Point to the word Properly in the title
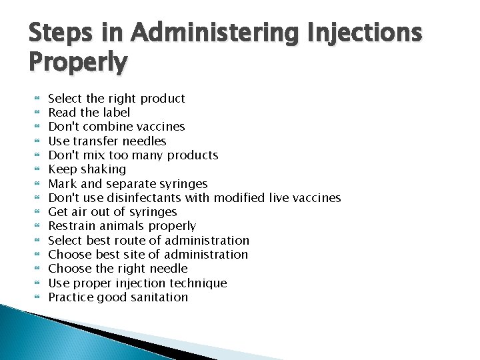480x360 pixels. click(78, 63)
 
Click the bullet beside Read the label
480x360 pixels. click(37, 112)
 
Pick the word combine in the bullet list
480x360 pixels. click(109, 127)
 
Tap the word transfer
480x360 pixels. click(96, 141)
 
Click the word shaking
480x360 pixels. click(103, 169)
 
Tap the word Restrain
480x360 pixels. click(72, 226)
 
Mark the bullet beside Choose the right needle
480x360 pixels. click(37, 268)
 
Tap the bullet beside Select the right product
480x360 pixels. click(37, 98)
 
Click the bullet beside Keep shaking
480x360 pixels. click(37, 169)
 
